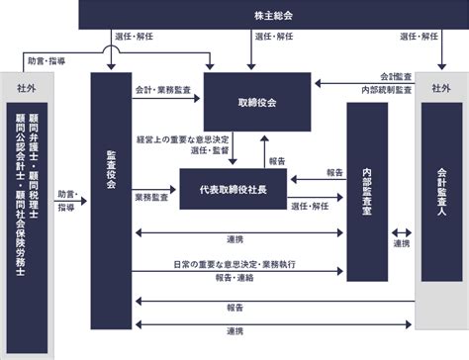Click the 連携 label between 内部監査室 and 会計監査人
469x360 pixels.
(401, 243)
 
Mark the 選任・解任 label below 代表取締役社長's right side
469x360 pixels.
(311, 206)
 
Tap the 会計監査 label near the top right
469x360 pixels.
(396, 76)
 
